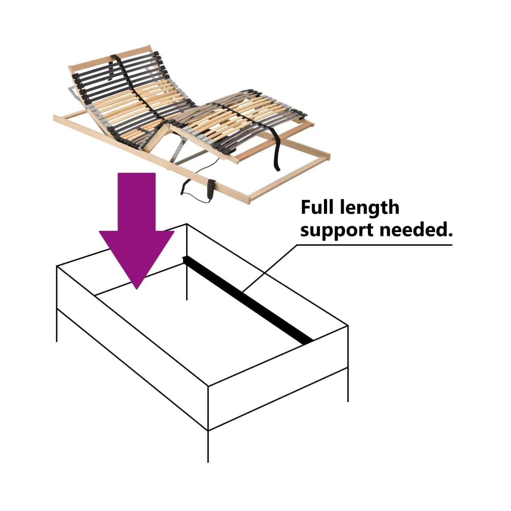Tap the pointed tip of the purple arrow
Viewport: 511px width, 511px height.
point(137,289)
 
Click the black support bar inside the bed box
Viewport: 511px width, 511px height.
point(248,301)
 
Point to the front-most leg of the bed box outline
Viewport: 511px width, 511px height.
point(208,446)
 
